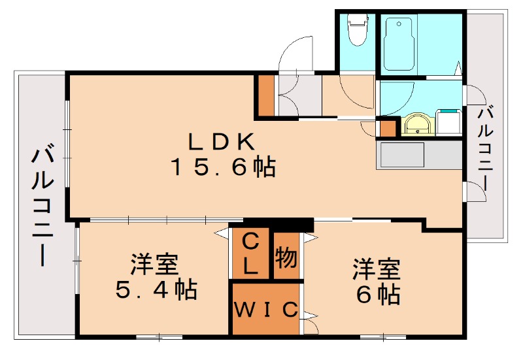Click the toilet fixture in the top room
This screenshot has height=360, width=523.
pyautogui.click(x=357, y=29)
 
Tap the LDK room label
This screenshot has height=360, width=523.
pyautogui.click(x=222, y=141)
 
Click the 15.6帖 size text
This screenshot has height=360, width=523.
pyautogui.click(x=223, y=167)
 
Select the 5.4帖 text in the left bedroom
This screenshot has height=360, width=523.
pyautogui.click(x=156, y=289)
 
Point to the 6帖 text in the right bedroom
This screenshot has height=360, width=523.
pyautogui.click(x=379, y=294)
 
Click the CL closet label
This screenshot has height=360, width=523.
pyautogui.click(x=250, y=254)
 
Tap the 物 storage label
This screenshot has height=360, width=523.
pyautogui.click(x=286, y=257)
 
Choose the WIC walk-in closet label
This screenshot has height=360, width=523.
pyautogui.click(x=265, y=309)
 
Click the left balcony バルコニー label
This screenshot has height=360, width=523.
pyautogui.click(x=42, y=207)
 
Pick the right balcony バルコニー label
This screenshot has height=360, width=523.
pyautogui.click(x=485, y=148)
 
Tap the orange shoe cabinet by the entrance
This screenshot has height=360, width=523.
pyautogui.click(x=266, y=95)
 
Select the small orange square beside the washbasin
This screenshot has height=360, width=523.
pyautogui.click(x=388, y=127)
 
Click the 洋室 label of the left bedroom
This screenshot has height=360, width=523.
pyautogui.click(x=154, y=265)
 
